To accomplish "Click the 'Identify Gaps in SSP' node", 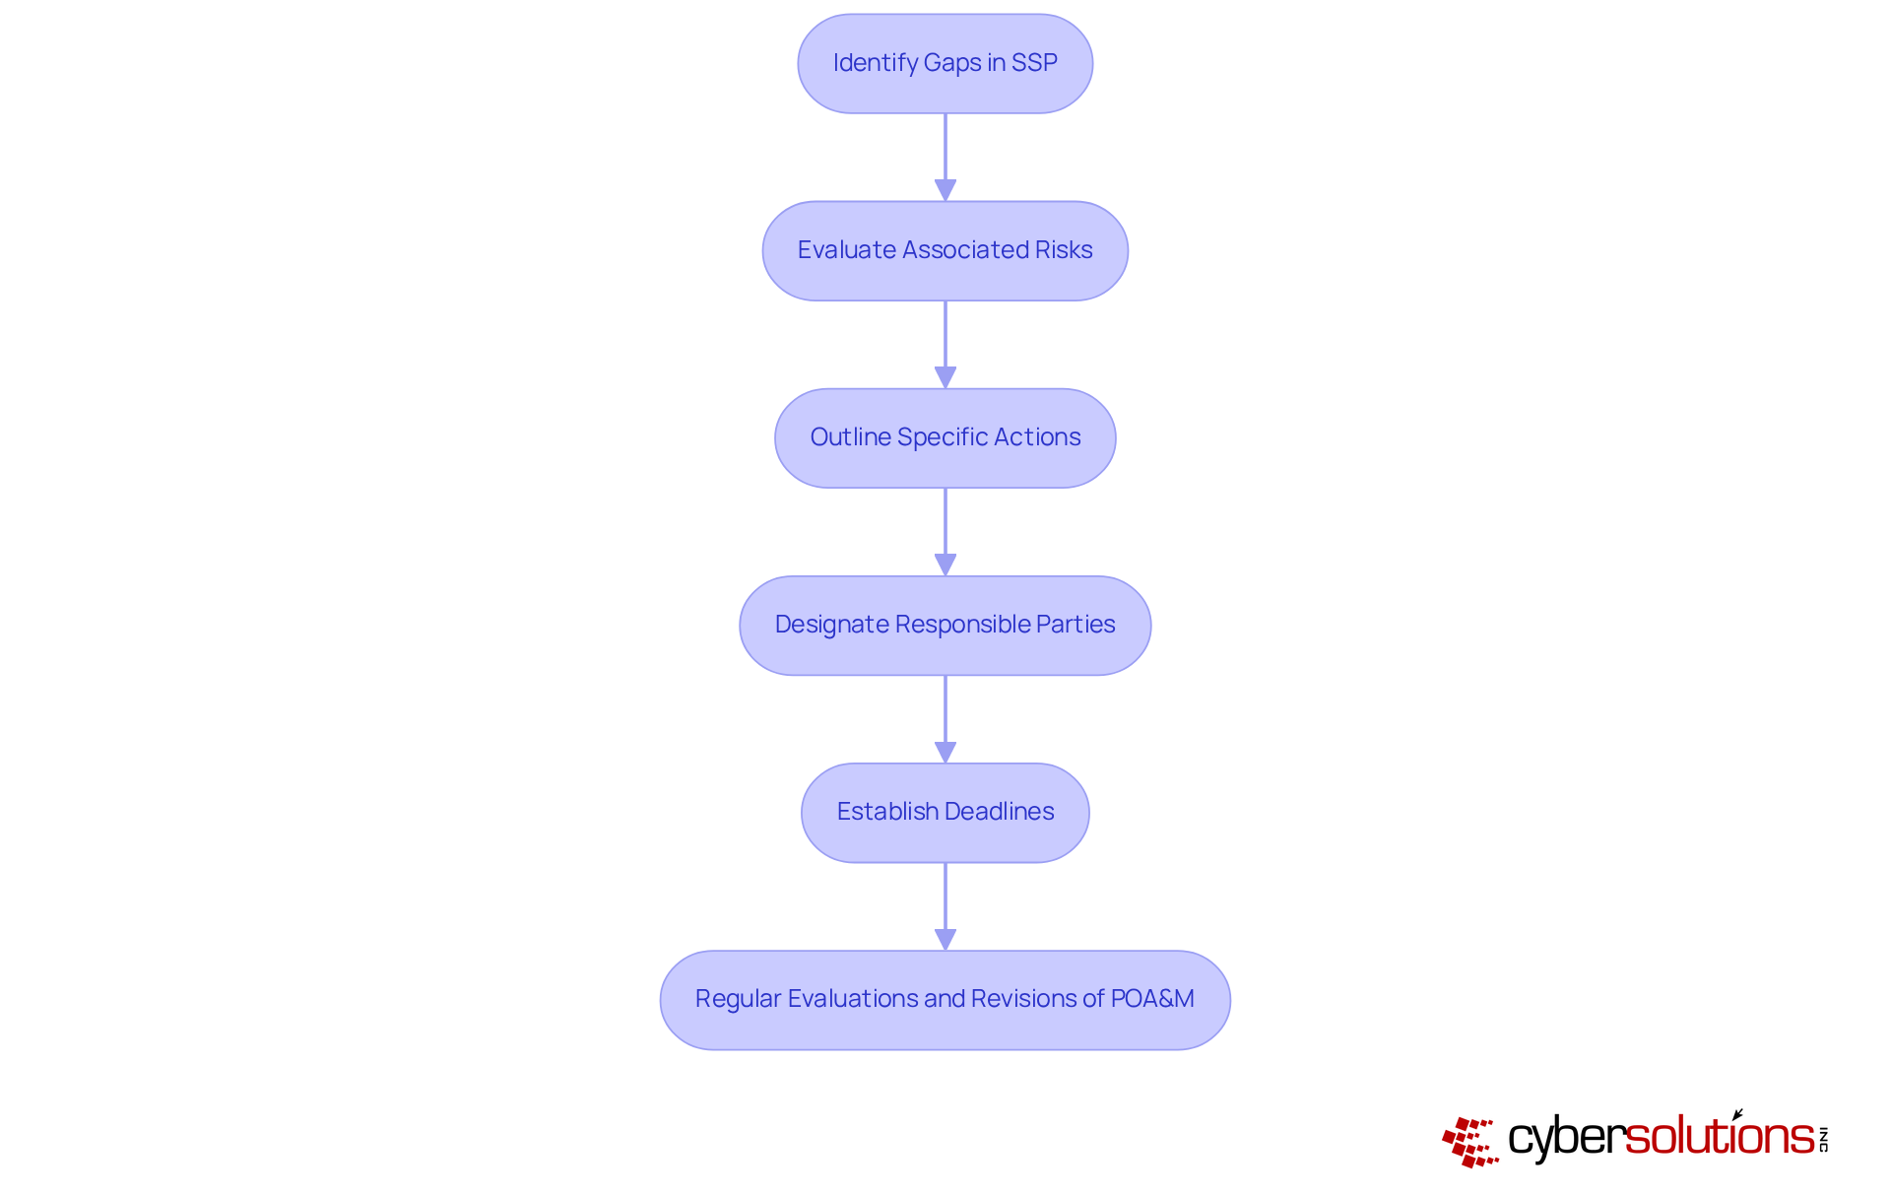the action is point(945,63).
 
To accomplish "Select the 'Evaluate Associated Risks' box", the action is point(945,250).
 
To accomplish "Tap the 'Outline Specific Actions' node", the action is point(945,437).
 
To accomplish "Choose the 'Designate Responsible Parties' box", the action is point(945,625).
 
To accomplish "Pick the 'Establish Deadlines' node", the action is point(945,812).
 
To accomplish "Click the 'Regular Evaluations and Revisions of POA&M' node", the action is point(945,999).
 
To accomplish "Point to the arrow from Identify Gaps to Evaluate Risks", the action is point(945,157).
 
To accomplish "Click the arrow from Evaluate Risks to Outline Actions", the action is point(945,344).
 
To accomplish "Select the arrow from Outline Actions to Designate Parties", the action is point(945,531).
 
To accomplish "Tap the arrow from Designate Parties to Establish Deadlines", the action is point(945,718).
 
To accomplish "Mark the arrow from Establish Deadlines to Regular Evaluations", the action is point(945,905).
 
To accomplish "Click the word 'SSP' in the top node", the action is point(1034,63).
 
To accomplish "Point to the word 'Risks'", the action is point(1064,250).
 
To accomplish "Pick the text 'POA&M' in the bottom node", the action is point(1152,999).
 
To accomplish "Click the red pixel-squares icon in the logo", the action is point(1470,1142).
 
